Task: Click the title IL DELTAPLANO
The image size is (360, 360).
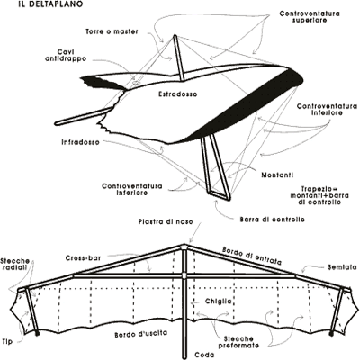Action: point(50,4)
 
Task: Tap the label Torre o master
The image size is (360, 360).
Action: point(112,31)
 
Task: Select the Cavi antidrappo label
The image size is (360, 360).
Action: point(66,55)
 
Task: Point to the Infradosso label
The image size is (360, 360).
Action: point(80,142)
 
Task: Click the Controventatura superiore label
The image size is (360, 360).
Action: point(310,17)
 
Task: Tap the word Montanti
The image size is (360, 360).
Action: point(277,175)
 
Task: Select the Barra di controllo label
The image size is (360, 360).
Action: point(272,220)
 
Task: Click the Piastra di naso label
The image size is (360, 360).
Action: point(166,222)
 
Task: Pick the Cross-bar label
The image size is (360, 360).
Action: point(83,258)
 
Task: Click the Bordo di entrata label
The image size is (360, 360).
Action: point(252,256)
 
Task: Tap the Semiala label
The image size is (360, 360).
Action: point(342,267)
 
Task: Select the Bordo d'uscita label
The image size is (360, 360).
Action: point(141,334)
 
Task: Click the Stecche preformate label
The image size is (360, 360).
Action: point(238,342)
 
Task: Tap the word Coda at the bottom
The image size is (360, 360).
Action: point(204,355)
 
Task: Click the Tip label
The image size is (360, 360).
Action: point(7,341)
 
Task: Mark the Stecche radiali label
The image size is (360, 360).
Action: point(15,265)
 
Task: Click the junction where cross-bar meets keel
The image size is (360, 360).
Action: point(184,275)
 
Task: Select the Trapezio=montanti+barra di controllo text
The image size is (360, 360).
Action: point(319,195)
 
